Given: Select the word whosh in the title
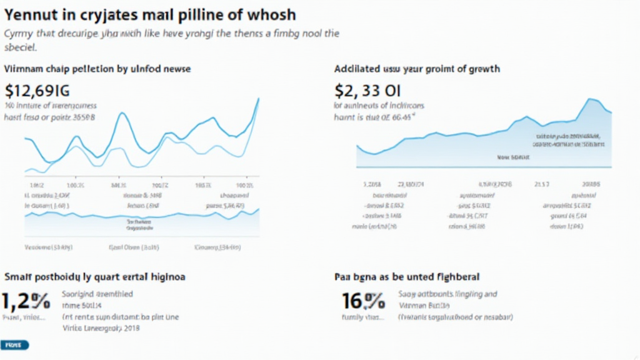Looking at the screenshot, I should click(x=269, y=14).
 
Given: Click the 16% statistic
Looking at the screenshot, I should click(x=363, y=301).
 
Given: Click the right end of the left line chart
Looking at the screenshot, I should click(x=259, y=99).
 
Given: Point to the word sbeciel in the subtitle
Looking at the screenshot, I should click(x=21, y=47).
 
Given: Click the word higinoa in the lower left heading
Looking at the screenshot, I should click(x=166, y=276).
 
